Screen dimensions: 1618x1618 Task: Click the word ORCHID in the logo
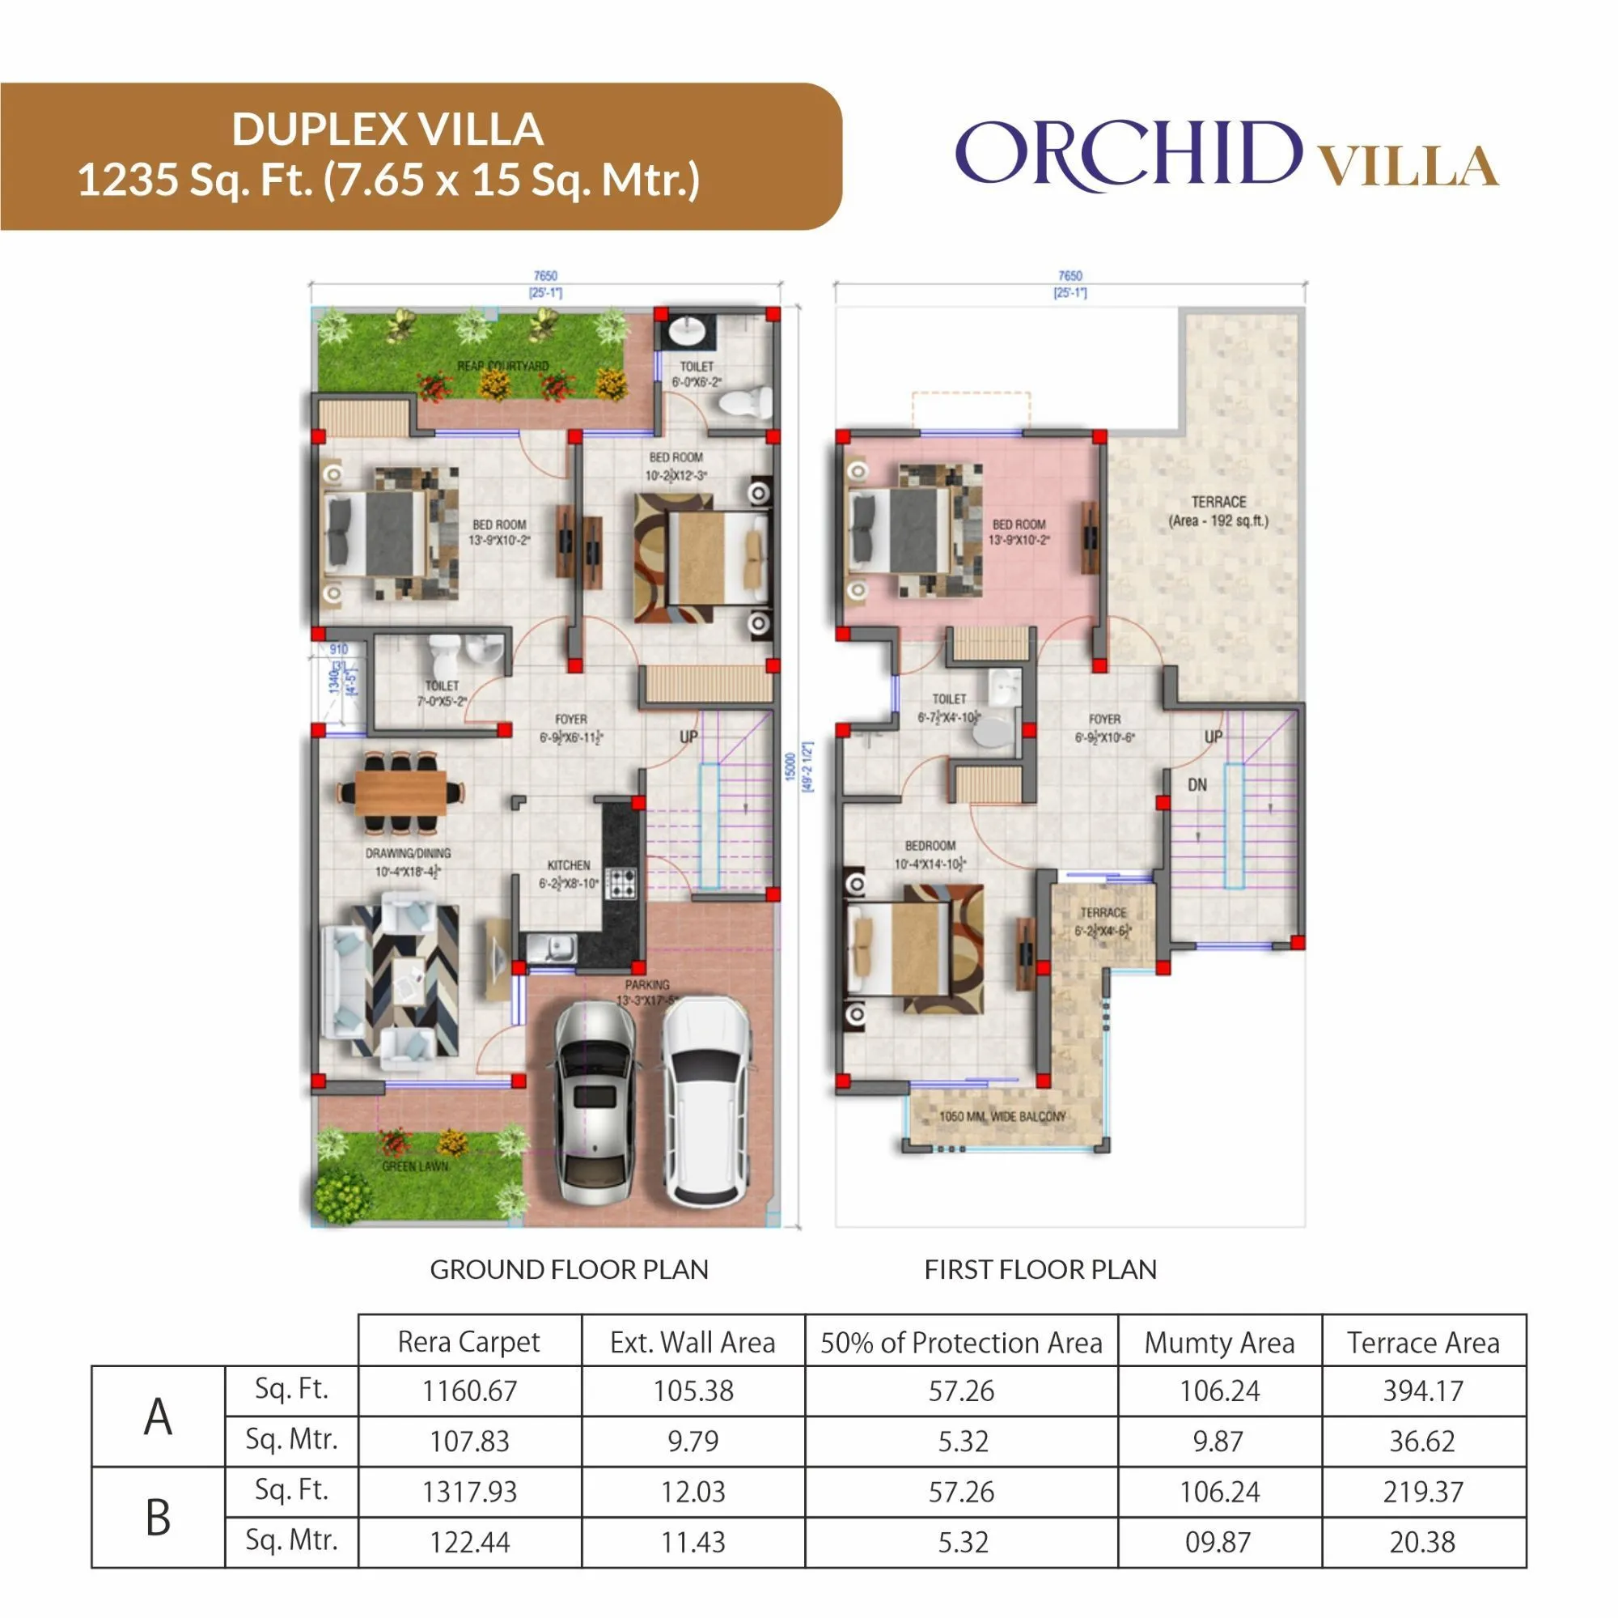[x=1128, y=153]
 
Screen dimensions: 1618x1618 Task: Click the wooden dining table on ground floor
[x=400, y=792]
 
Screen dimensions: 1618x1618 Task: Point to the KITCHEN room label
[x=569, y=865]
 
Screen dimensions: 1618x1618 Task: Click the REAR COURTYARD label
[x=502, y=366]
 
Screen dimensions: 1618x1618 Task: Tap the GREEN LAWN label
[x=414, y=1166]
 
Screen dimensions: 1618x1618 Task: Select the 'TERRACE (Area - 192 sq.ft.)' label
[x=1218, y=511]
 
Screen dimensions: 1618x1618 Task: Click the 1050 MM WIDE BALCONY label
[x=1002, y=1117]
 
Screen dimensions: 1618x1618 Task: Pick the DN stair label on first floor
[x=1197, y=785]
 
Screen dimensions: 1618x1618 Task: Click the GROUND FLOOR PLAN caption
[x=569, y=1269]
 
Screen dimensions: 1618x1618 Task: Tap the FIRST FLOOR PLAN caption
[x=1040, y=1269]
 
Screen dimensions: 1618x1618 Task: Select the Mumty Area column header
[x=1219, y=1343]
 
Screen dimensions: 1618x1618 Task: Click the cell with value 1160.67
[x=469, y=1391]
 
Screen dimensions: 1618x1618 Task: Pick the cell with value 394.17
[x=1423, y=1391]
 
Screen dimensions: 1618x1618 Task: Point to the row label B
[x=159, y=1517]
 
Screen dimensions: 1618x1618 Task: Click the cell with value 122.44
[x=469, y=1542]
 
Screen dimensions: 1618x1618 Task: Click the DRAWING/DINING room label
[x=408, y=854]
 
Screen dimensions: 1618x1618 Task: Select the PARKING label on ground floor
[x=646, y=984]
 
